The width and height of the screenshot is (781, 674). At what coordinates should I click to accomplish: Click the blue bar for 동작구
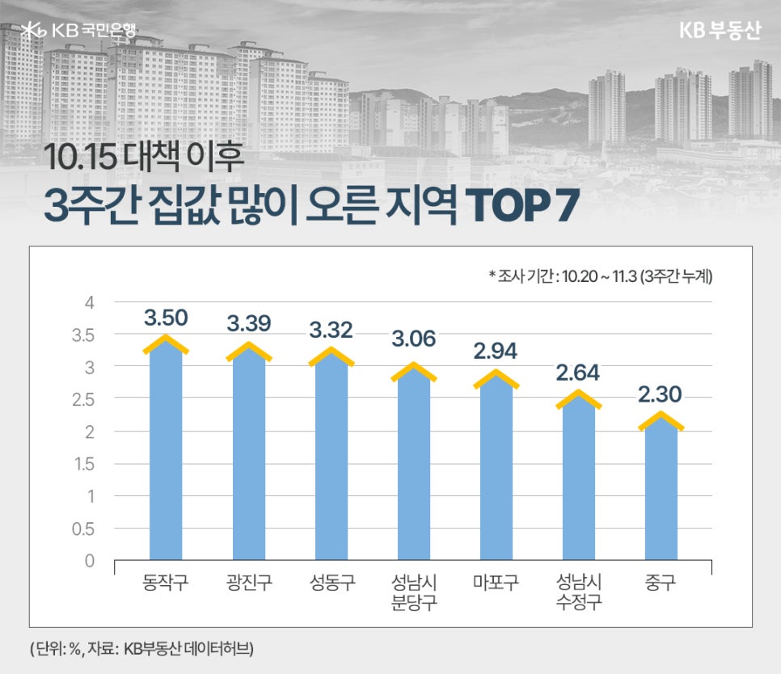tap(166, 453)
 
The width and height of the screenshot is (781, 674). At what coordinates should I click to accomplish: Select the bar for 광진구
tap(248, 457)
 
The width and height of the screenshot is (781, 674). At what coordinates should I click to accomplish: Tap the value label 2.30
tap(661, 394)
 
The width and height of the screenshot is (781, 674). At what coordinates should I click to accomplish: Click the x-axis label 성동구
tap(331, 582)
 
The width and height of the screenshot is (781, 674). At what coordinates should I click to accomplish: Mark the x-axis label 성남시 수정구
tap(579, 592)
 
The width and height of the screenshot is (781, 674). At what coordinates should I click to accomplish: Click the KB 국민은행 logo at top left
tap(79, 30)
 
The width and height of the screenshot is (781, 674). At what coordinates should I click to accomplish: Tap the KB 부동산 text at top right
tap(720, 30)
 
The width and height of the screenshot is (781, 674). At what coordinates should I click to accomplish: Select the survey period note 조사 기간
tap(600, 276)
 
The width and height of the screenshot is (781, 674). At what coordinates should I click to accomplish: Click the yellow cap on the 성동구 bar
tap(331, 356)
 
